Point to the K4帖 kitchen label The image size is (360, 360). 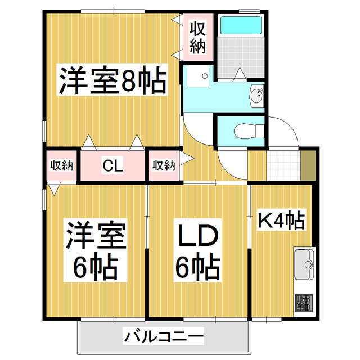[x=281, y=220]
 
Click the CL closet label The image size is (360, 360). [x=112, y=166]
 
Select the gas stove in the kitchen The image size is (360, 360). [x=304, y=304]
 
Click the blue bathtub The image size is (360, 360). [x=241, y=26]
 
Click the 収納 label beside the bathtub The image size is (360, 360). [x=196, y=38]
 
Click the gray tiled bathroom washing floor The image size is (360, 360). [x=241, y=57]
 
